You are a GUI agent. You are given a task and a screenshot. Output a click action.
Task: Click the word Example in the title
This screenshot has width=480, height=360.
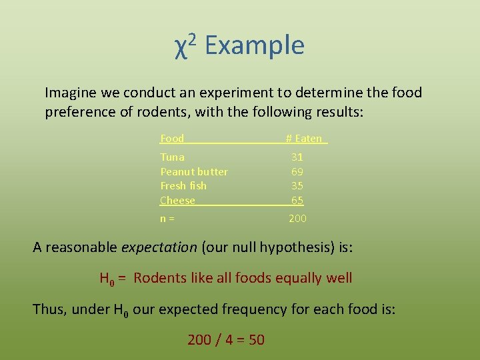(x=255, y=45)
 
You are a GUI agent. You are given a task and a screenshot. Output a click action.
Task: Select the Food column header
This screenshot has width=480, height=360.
(x=172, y=139)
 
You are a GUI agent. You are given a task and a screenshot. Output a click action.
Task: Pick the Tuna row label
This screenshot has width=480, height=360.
(x=172, y=157)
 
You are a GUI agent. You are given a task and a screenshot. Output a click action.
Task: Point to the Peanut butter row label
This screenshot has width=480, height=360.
(x=194, y=172)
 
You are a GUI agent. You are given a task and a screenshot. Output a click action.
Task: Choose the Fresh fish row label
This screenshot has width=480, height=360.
(x=183, y=186)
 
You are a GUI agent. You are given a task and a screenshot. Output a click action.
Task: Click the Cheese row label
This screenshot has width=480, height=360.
(x=177, y=201)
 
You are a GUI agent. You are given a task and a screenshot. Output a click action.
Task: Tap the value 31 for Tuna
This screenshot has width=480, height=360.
(x=297, y=157)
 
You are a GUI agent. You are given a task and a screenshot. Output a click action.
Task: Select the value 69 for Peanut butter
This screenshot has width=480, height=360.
(x=297, y=172)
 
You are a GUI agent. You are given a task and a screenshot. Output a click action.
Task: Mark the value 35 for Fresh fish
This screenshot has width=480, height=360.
(x=297, y=186)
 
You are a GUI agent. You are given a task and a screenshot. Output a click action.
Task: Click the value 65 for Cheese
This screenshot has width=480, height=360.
(x=297, y=201)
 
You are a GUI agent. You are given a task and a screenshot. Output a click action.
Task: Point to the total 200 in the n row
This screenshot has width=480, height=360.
(x=297, y=219)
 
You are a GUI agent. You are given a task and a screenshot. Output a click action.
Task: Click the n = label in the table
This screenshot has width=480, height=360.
(x=167, y=219)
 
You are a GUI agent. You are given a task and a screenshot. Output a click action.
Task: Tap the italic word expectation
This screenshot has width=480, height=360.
(x=159, y=248)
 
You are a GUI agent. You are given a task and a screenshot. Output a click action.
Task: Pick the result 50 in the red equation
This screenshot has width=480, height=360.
(x=256, y=340)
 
